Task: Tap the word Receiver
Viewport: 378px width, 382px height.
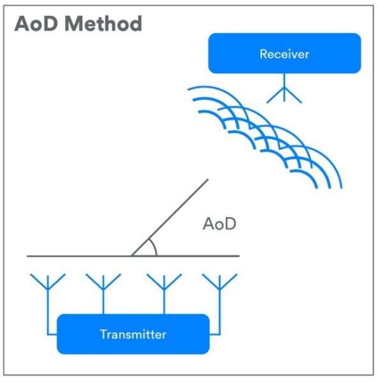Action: [284, 53]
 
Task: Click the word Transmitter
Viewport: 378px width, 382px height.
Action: [133, 334]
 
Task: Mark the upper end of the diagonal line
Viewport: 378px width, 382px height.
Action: [208, 180]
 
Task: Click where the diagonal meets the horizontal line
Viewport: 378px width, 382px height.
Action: [131, 256]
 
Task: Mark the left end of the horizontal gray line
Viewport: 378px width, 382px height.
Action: [28, 256]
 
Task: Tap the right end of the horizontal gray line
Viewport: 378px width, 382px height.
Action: [238, 256]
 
